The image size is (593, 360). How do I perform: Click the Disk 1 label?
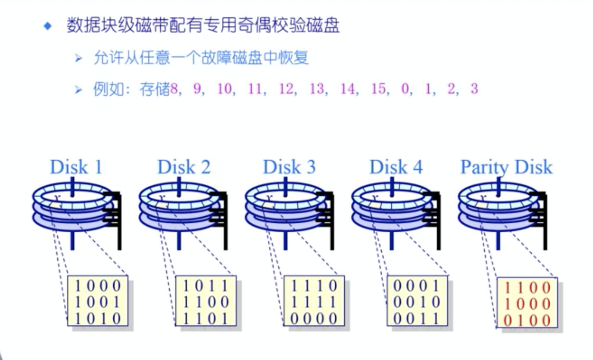(76, 167)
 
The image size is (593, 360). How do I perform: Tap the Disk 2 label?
(184, 167)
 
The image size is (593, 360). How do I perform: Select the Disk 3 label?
(289, 167)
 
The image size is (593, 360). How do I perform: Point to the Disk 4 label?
(396, 167)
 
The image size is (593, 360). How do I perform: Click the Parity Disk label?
(506, 167)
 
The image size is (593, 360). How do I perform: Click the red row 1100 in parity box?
(528, 288)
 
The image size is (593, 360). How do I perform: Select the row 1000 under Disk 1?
(98, 285)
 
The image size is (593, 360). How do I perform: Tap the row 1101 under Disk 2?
(205, 318)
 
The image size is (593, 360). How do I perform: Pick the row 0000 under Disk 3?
(314, 318)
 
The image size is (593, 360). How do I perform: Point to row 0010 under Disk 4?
(417, 302)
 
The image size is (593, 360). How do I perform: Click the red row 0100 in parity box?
(528, 320)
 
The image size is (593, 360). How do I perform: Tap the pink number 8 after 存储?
(174, 89)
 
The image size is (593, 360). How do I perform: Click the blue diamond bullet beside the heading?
(48, 26)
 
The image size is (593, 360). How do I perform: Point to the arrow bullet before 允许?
(78, 58)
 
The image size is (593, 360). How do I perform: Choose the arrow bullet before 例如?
(78, 89)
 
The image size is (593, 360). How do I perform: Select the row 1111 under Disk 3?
(314, 302)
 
